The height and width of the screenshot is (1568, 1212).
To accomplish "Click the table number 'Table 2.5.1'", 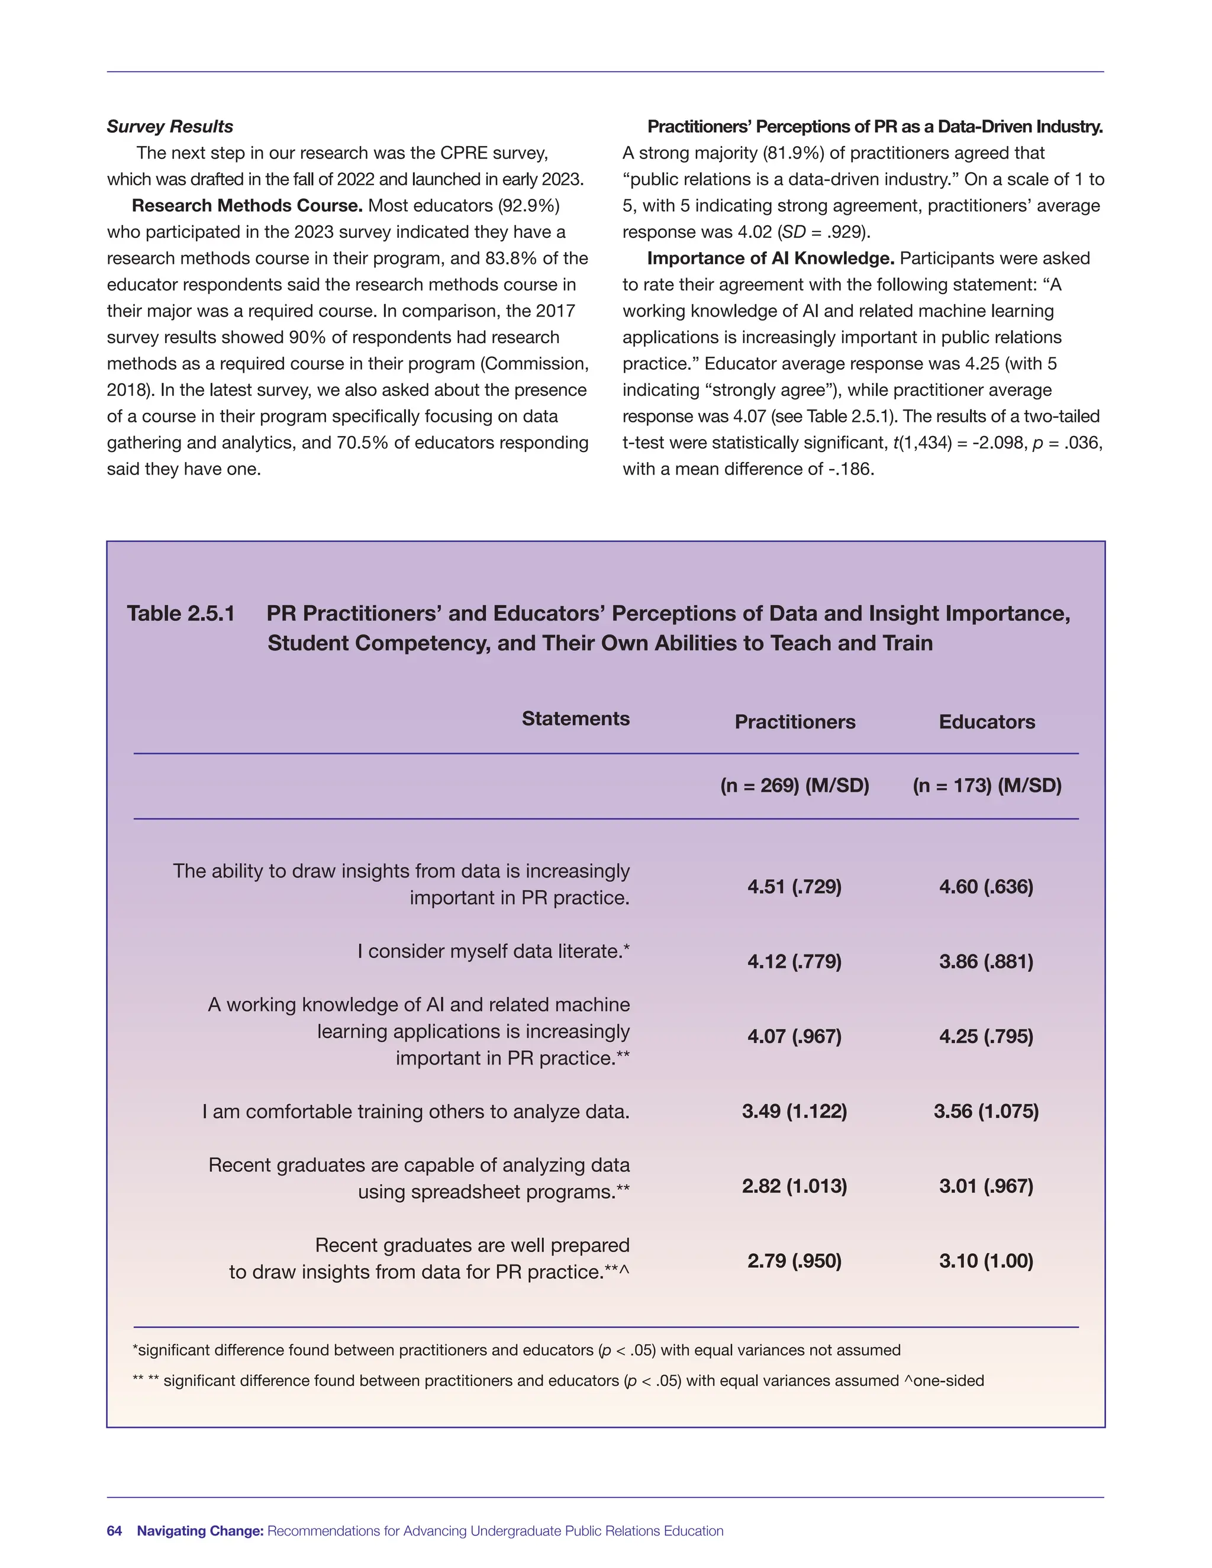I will [x=181, y=613].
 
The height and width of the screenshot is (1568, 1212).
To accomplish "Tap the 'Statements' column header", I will [x=575, y=719].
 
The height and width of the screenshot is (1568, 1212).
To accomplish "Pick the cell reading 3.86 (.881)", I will [x=986, y=962].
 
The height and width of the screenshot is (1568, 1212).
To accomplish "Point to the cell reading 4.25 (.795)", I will [x=986, y=1036].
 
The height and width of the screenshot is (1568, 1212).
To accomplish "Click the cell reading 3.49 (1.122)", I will [x=794, y=1111].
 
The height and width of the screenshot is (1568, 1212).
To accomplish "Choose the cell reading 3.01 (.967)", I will [x=986, y=1185].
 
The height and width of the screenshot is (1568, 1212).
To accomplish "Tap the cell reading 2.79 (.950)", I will [x=794, y=1261].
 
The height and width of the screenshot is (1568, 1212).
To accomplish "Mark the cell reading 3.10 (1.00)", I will [x=986, y=1261].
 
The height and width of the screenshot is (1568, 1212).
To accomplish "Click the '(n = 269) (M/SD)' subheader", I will [x=794, y=785].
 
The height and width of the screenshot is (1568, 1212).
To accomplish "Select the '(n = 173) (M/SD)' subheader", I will [x=987, y=785].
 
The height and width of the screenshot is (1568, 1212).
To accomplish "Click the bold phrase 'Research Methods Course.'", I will [x=247, y=205].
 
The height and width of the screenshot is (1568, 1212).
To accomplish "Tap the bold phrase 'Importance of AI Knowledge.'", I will [x=771, y=259].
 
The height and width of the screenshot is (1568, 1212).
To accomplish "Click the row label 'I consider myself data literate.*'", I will [x=494, y=951].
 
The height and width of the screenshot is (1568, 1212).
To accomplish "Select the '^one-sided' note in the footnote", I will [x=943, y=1380].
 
